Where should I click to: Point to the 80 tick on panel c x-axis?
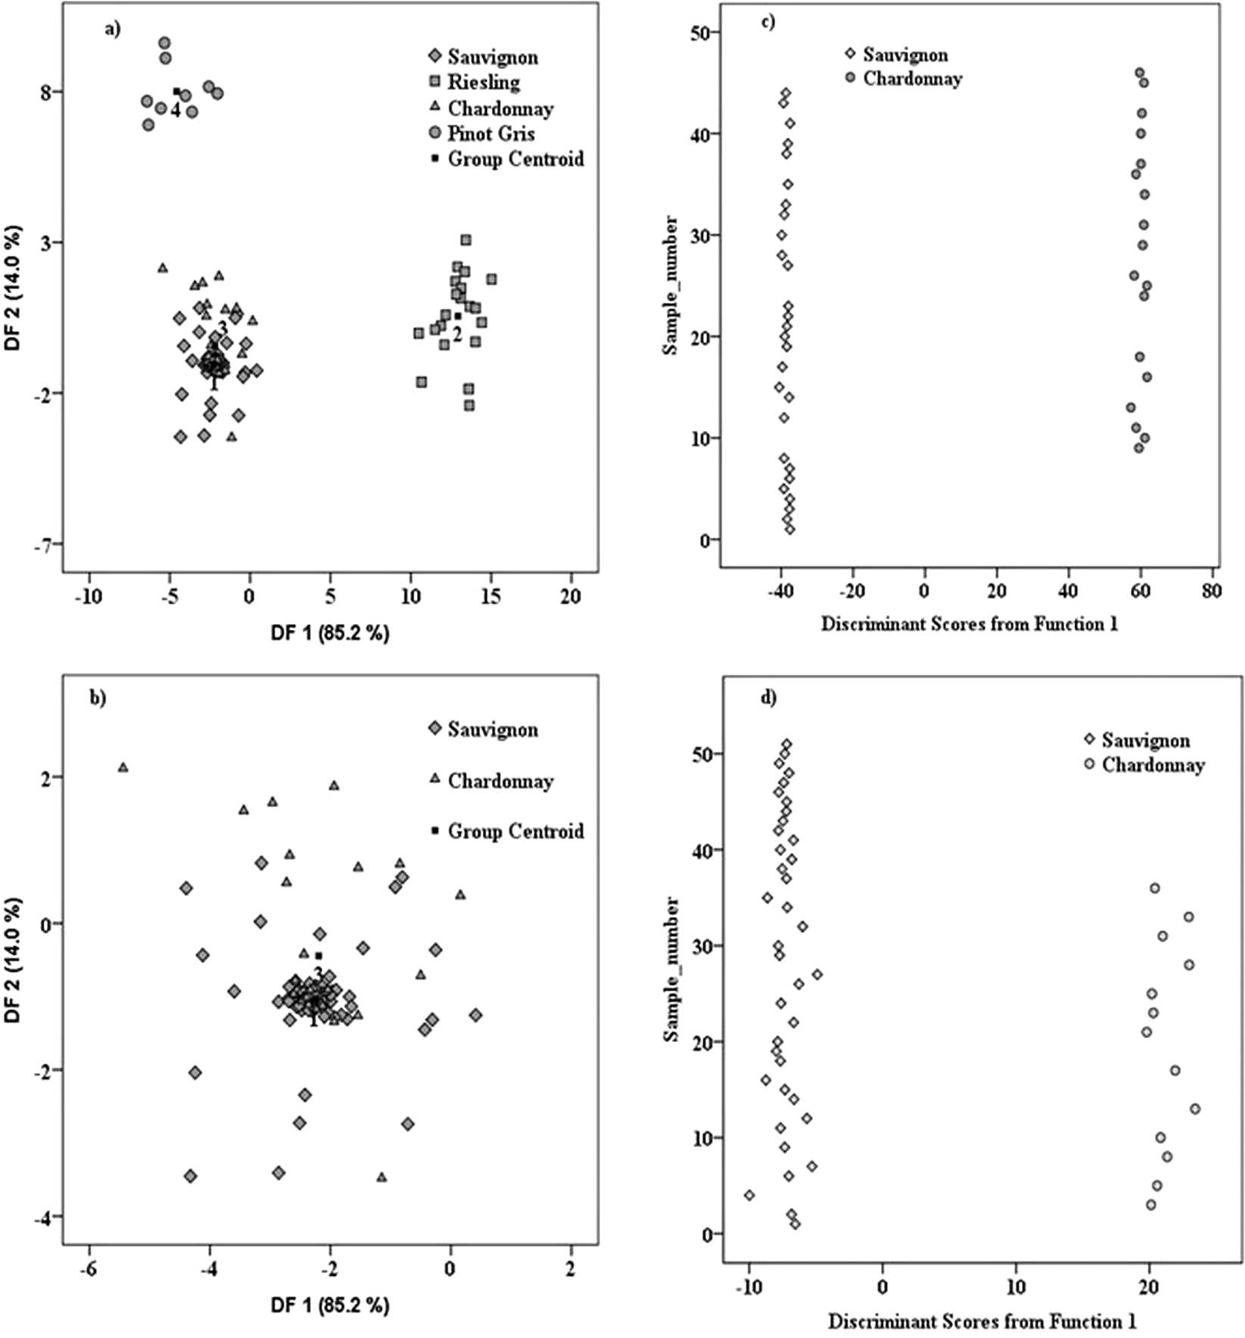[x=1211, y=591]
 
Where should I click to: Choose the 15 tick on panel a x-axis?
[x=491, y=597]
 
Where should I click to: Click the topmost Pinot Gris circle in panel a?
[x=164, y=43]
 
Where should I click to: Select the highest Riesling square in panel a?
[x=465, y=240]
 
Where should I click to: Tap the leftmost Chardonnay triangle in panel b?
[x=123, y=768]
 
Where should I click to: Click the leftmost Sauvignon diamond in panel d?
[x=749, y=1195]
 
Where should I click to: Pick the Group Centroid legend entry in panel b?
[x=515, y=831]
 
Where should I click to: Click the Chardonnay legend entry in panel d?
[x=1152, y=765]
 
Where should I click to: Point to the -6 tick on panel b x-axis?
[x=89, y=1270]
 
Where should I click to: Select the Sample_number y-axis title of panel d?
[x=671, y=969]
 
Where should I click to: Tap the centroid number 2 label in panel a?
[x=457, y=334]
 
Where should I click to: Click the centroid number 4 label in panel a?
[x=175, y=111]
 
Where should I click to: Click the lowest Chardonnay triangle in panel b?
[x=381, y=1177]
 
